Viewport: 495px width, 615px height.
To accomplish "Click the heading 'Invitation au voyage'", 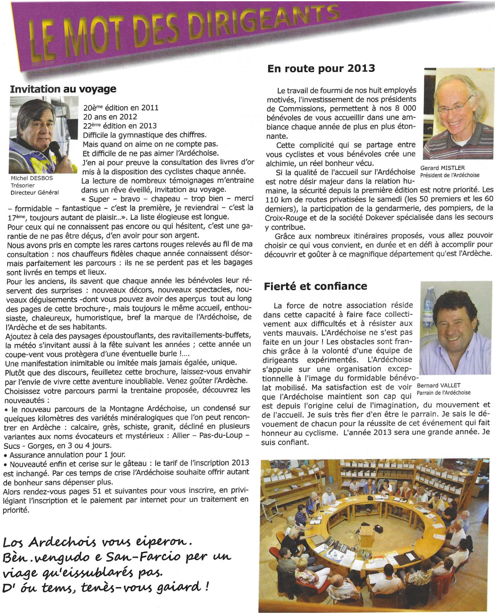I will [63, 89].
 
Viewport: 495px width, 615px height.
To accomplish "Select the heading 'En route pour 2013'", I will [321, 68].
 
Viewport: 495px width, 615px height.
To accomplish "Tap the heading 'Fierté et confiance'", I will [315, 286].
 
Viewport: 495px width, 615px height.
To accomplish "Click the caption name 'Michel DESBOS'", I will [32, 178].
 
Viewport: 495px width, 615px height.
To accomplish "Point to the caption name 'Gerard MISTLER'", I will [442, 168].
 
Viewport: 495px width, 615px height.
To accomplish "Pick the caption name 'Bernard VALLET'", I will [438, 385].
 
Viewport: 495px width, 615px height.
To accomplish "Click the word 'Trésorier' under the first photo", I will [22, 185].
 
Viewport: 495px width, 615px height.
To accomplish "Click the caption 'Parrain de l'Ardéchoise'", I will [443, 393].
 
